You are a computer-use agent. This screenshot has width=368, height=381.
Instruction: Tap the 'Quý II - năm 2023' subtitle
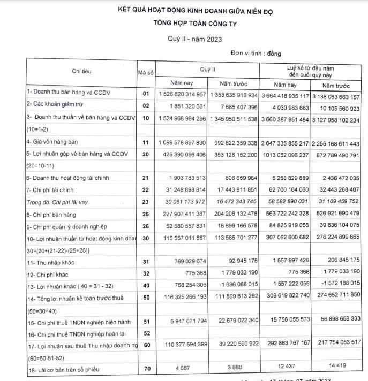coord(195,39)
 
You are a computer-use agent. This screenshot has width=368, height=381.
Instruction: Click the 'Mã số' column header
coord(146,72)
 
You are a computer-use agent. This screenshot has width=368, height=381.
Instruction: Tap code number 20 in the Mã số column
coord(145,155)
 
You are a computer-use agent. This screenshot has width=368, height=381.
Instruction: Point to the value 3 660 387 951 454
coord(284,118)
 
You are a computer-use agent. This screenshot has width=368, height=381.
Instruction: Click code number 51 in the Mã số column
coord(145,321)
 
